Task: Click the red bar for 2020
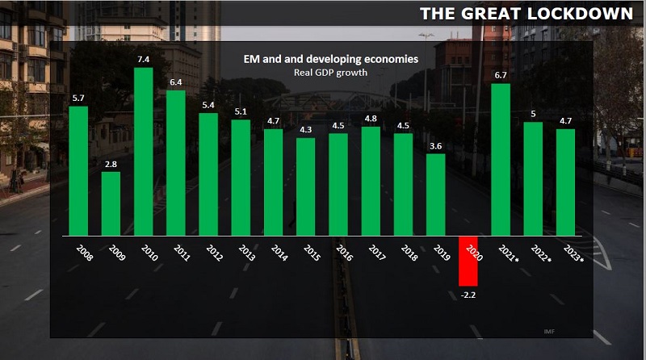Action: (468, 260)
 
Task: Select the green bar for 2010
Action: (143, 151)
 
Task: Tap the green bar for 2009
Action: (111, 203)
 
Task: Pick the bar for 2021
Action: (501, 160)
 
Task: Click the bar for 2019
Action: (435, 195)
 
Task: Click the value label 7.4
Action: (143, 60)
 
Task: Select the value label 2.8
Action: (111, 164)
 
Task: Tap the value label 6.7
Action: (501, 76)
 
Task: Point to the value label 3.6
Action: (435, 146)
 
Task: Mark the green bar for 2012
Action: (208, 174)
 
